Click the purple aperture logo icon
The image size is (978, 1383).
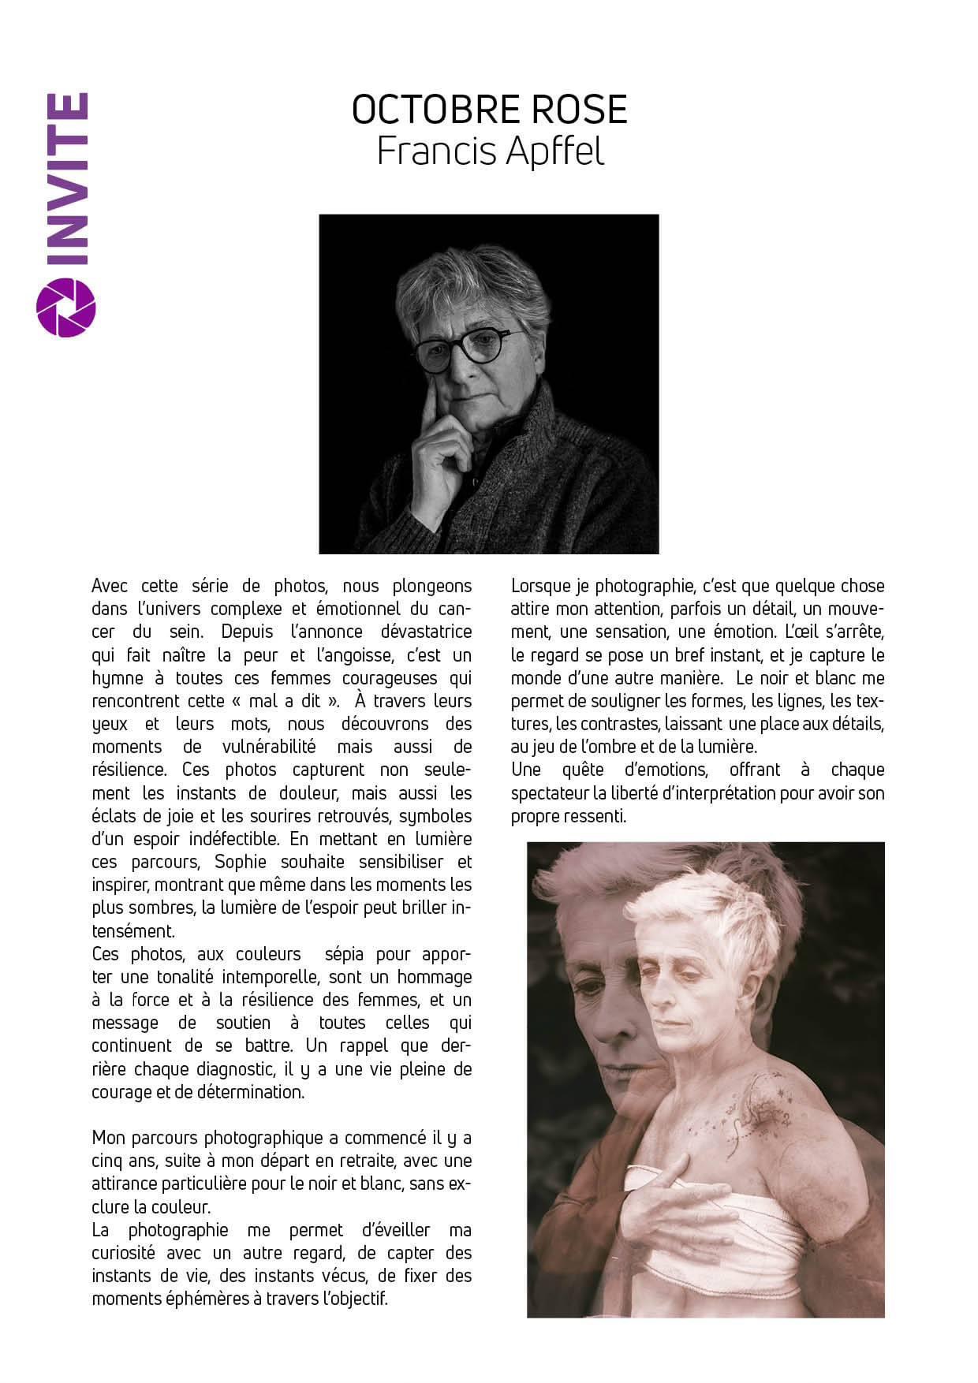coord(66,307)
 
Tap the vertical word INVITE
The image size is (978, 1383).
coord(65,180)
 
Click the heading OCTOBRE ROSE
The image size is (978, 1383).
coord(489,110)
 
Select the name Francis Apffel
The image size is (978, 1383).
coord(490,151)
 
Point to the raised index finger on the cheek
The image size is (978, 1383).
coord(429,398)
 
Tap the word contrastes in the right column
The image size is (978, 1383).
coord(619,724)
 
